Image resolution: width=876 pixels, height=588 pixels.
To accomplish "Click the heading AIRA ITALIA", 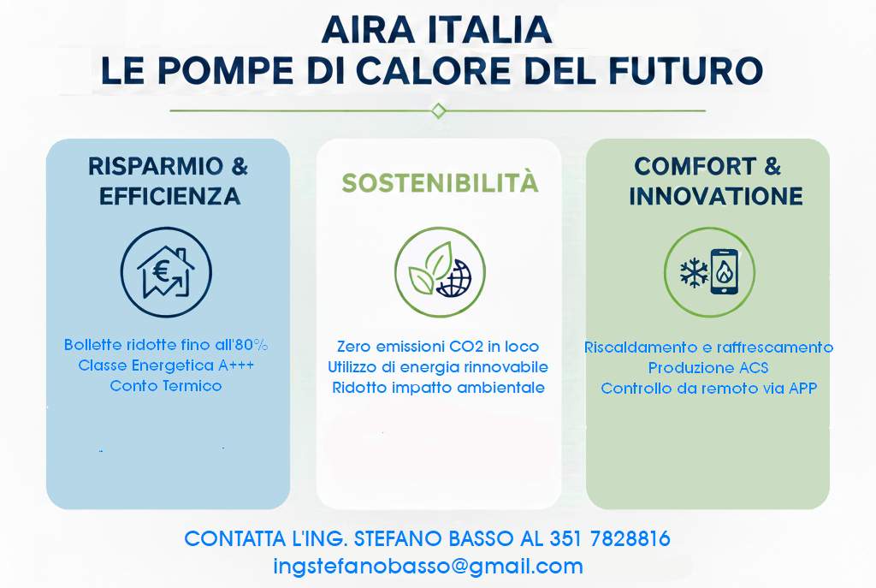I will (x=437, y=31).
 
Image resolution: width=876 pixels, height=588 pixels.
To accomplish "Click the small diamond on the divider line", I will (x=438, y=110).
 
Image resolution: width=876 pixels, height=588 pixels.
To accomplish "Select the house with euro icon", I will (x=166, y=272).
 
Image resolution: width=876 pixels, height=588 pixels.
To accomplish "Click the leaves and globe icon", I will (x=439, y=273).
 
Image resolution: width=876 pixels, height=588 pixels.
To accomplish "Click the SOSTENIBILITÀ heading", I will (x=440, y=183).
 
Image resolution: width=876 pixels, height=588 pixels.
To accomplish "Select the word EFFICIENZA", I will (x=169, y=197).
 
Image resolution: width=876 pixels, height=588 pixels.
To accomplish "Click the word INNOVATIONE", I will (x=715, y=196).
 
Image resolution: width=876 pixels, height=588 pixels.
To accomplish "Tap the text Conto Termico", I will (x=166, y=386).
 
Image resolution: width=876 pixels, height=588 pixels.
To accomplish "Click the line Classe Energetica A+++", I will (x=166, y=365).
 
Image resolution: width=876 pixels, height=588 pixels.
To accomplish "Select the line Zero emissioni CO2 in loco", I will (x=438, y=347).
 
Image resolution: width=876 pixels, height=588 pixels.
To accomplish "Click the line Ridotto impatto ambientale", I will (x=438, y=387).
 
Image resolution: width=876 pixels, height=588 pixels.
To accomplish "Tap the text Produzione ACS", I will (x=708, y=368).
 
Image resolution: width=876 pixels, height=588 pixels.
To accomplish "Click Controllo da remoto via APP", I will (x=708, y=389).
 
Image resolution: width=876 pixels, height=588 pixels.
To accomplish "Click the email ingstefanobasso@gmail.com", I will (x=428, y=566).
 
